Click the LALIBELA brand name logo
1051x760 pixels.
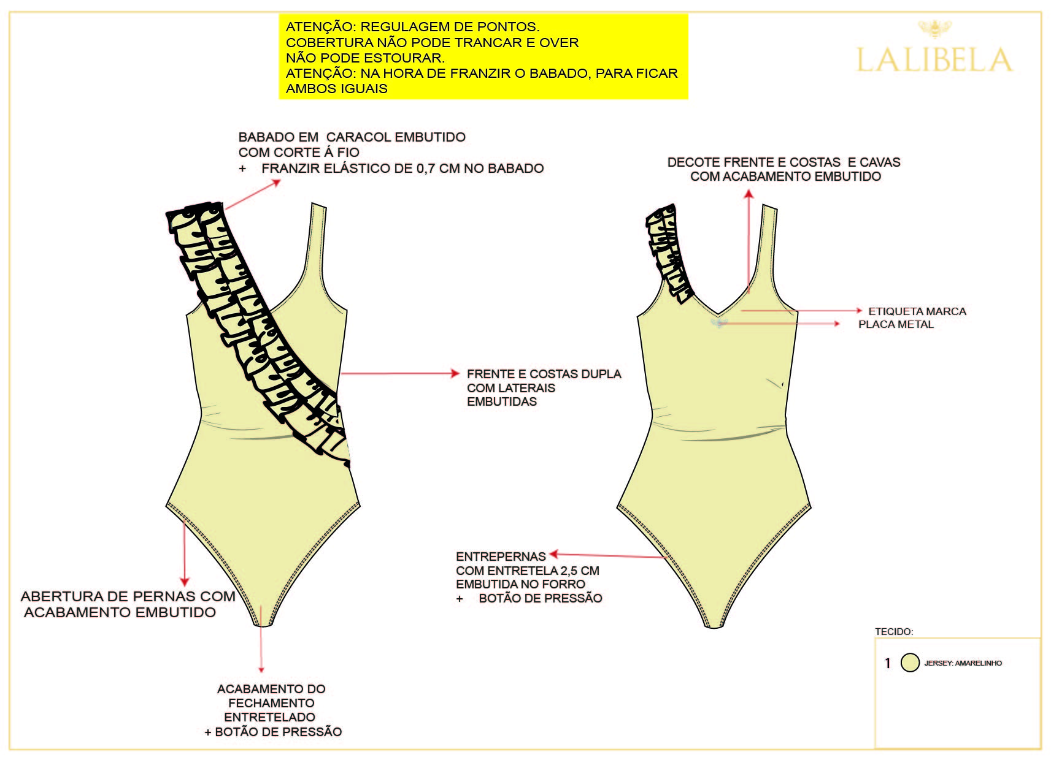click(934, 59)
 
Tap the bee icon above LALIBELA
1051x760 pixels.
click(934, 29)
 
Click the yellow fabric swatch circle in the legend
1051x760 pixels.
click(910, 663)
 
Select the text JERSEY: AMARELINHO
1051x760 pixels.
click(963, 663)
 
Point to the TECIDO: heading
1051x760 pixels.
click(894, 631)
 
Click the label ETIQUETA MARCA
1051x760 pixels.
click(917, 311)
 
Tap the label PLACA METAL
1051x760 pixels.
click(896, 324)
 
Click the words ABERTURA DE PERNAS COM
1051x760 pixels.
click(128, 596)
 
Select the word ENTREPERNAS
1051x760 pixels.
click(501, 557)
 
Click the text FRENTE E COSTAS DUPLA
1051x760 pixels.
click(544, 374)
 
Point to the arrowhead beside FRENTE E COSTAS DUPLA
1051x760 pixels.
click(455, 373)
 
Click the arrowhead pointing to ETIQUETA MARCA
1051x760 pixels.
click(859, 310)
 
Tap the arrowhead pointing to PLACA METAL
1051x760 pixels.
click(837, 324)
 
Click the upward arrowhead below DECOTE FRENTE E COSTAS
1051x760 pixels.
click(749, 194)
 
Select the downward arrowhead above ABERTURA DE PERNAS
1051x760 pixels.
click(185, 582)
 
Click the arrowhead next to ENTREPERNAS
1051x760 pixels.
click(553, 554)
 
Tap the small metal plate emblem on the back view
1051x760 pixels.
click(719, 323)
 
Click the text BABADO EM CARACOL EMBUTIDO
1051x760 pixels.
click(352, 137)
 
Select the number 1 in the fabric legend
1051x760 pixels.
click(888, 663)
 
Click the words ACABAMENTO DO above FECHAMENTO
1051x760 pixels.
click(271, 689)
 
